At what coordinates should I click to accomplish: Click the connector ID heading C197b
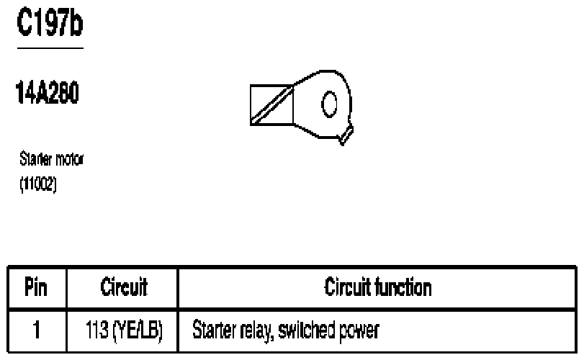point(50,23)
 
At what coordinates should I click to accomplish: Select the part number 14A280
point(48,93)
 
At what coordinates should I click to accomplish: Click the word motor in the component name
point(70,159)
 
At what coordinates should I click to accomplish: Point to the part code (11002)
point(38,184)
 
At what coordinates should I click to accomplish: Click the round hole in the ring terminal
point(329,104)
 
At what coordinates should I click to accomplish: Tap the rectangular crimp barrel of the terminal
point(272,105)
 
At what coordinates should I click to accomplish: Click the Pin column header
point(36,287)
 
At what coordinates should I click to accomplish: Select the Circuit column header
point(124,287)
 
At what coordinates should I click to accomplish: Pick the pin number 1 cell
point(36,330)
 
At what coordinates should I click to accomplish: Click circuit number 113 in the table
point(96,330)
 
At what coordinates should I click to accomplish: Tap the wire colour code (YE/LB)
point(138,330)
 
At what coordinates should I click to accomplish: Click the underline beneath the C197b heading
point(50,48)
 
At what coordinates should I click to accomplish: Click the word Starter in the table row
point(214,330)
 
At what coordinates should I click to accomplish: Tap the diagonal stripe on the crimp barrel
point(272,104)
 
